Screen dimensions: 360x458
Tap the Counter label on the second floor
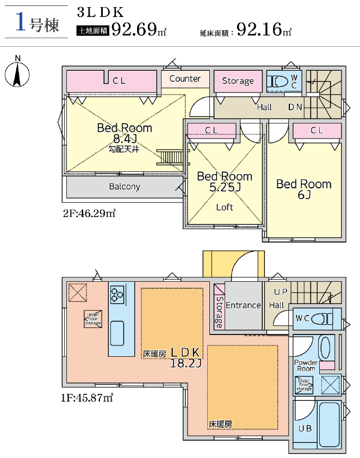pos(185,78)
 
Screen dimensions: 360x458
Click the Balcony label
pos(125,187)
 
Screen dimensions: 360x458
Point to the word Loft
pos(225,207)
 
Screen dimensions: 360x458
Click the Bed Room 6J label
pos(304,189)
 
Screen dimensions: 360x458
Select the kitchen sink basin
pos(117,333)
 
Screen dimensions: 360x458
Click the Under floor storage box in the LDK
pos(93,319)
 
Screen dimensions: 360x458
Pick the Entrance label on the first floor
pos(243,305)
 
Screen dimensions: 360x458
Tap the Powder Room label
pos(306,366)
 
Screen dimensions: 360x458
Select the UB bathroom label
pos(305,429)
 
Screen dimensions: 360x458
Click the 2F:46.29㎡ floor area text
pos(89,213)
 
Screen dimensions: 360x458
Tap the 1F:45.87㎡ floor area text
pos(87,398)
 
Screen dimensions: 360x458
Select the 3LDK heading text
pos(101,13)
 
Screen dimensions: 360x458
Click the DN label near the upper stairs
pos(295,107)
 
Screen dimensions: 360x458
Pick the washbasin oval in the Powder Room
pos(325,348)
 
